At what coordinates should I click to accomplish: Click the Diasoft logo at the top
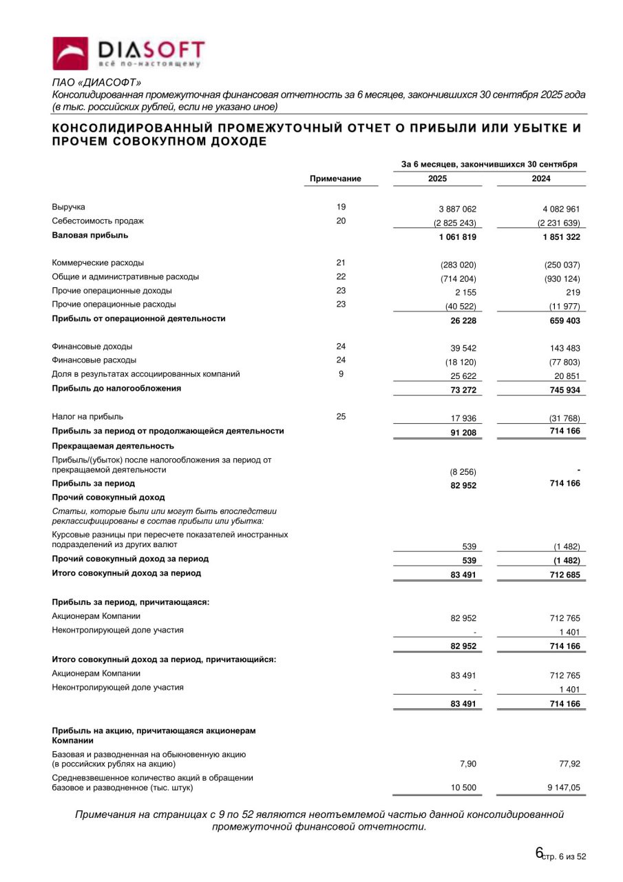coord(129,53)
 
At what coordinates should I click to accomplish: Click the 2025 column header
coord(437,178)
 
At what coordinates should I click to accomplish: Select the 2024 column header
coord(541,178)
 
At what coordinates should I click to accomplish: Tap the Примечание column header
coord(335,178)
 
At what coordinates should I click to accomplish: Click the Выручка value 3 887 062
coord(454,209)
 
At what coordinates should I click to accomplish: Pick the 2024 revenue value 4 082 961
coord(557,209)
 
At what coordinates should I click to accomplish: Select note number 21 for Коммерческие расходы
coord(341,263)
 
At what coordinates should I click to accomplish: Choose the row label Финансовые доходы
coord(92,347)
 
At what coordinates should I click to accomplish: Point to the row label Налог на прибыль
coord(88,417)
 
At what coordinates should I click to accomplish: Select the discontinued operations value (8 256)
coord(463,472)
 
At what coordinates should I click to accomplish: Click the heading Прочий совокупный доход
coord(109,497)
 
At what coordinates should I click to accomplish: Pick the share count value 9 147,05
coord(562,788)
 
